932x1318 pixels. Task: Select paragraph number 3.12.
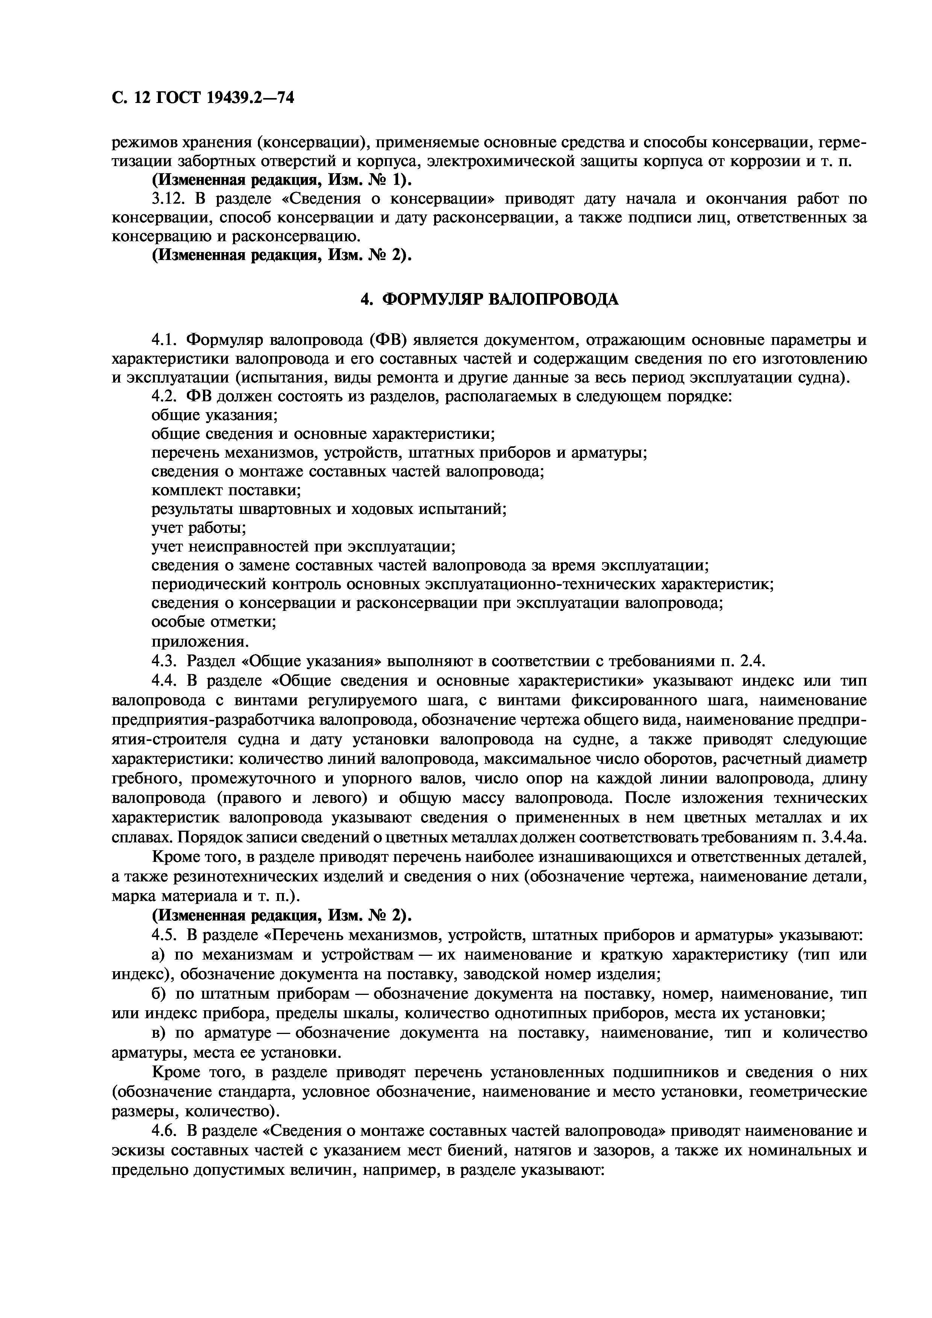(x=167, y=199)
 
